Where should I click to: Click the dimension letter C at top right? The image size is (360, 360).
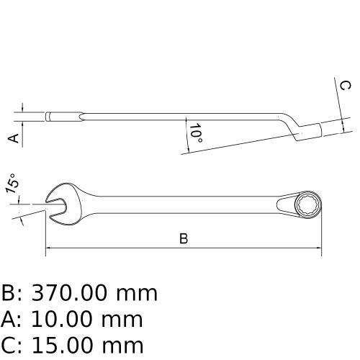click(346, 86)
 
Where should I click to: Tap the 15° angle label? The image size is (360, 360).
click(12, 185)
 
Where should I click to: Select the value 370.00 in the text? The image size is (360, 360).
click(71, 294)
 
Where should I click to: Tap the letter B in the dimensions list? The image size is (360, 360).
click(9, 294)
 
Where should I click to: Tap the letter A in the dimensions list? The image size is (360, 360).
click(9, 319)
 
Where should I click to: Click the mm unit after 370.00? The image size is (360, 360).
click(138, 294)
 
